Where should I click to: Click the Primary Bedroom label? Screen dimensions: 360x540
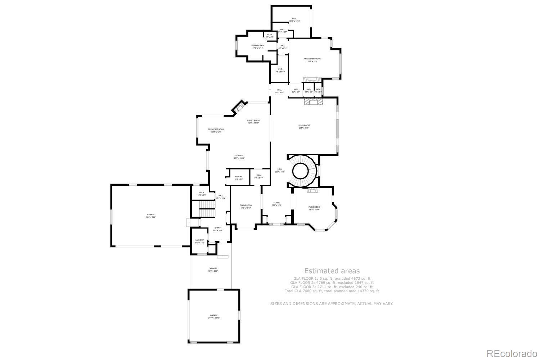[312, 59]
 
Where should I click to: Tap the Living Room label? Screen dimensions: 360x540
[303, 126]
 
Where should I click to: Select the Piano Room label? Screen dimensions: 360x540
[314, 207]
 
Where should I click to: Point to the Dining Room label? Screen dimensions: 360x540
[246, 205]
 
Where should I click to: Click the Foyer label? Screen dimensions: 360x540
[276, 203]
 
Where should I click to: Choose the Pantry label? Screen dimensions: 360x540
[239, 176]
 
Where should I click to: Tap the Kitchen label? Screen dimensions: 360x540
[239, 156]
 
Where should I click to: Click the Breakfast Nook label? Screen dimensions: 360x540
[216, 129]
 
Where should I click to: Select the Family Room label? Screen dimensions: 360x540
[253, 121]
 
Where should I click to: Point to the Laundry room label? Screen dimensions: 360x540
[199, 240]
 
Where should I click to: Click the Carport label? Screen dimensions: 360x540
[213, 269]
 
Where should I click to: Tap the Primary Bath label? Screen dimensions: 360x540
[258, 45]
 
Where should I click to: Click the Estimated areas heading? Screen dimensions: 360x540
[332, 271]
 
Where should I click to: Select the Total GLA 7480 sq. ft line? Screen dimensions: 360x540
[332, 291]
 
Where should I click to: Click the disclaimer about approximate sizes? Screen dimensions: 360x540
[332, 303]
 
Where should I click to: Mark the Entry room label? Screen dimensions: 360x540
[217, 228]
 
